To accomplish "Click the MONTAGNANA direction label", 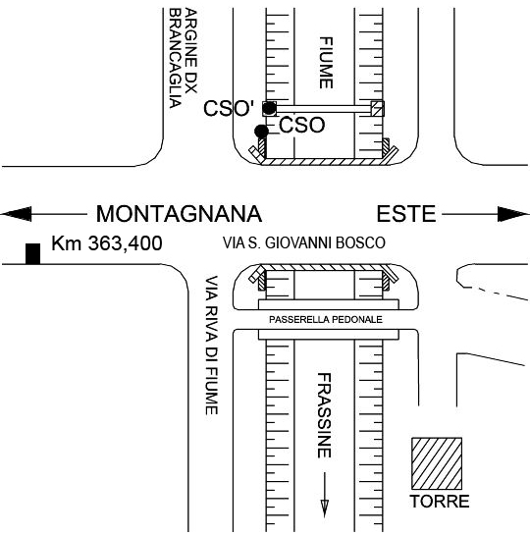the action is [179, 214].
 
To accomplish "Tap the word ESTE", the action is [406, 214].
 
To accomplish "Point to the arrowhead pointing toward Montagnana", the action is [16, 214].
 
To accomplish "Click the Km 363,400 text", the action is [107, 243].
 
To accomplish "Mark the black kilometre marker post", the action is [33, 254].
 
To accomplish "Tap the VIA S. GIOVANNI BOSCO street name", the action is [304, 242].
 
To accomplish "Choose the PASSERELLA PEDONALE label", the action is [326, 320].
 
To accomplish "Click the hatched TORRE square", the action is [437, 463].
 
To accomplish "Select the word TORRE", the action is [440, 502].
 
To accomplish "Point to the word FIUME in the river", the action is [326, 63].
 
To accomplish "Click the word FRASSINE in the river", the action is [324, 415].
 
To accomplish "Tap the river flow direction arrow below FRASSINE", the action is [325, 495].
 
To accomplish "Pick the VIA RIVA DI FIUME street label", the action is [211, 346].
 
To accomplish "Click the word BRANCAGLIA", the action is [175, 58].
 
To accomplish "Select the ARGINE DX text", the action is [191, 51].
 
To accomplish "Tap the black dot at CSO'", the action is [270, 108].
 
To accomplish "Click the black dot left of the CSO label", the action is [262, 131].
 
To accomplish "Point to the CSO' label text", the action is [229, 108].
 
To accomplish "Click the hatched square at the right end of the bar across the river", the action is [378, 109].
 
